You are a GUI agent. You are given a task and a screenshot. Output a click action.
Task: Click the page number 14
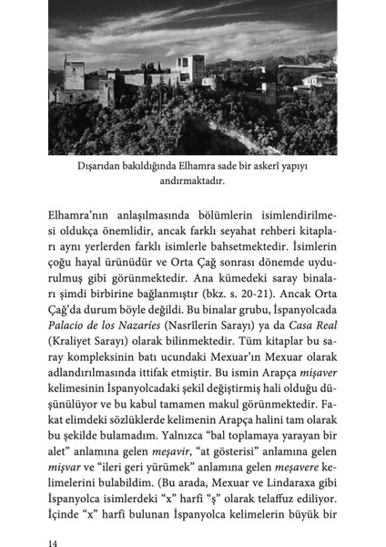coord(54,540)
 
